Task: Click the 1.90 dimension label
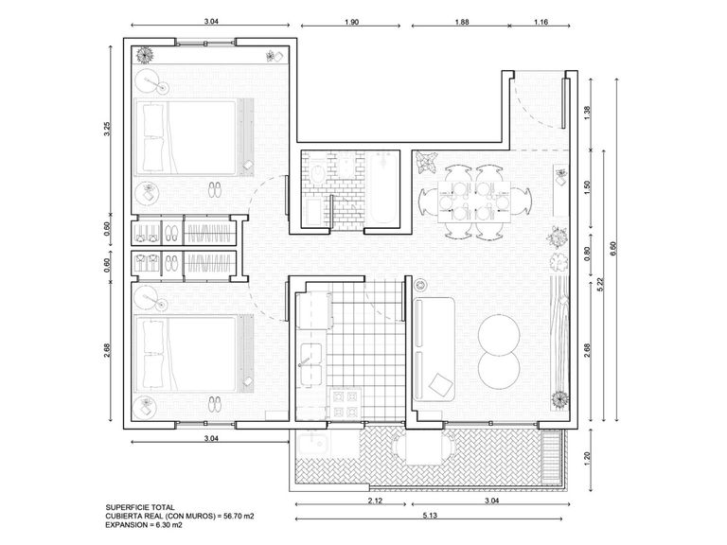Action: click(351, 22)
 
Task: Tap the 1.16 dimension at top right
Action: click(541, 22)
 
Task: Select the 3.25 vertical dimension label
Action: click(107, 129)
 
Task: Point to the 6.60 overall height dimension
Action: click(613, 250)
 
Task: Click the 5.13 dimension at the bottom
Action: click(430, 515)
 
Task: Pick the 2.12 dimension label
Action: click(375, 500)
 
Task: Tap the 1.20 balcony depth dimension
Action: click(588, 458)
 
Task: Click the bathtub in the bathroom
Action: click(384, 188)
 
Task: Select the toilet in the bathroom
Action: click(318, 172)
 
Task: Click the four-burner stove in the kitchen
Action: click(346, 404)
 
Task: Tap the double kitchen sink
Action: click(310, 364)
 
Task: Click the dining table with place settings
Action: click(474, 202)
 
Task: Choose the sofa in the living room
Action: click(434, 348)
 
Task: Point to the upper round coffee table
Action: click(499, 335)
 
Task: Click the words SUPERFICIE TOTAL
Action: click(140, 507)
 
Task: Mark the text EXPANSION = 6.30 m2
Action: click(144, 524)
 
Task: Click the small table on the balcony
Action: click(424, 448)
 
